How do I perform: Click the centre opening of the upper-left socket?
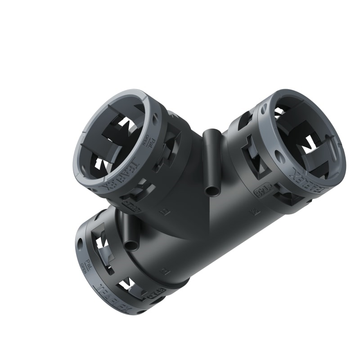tap(112, 139)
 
